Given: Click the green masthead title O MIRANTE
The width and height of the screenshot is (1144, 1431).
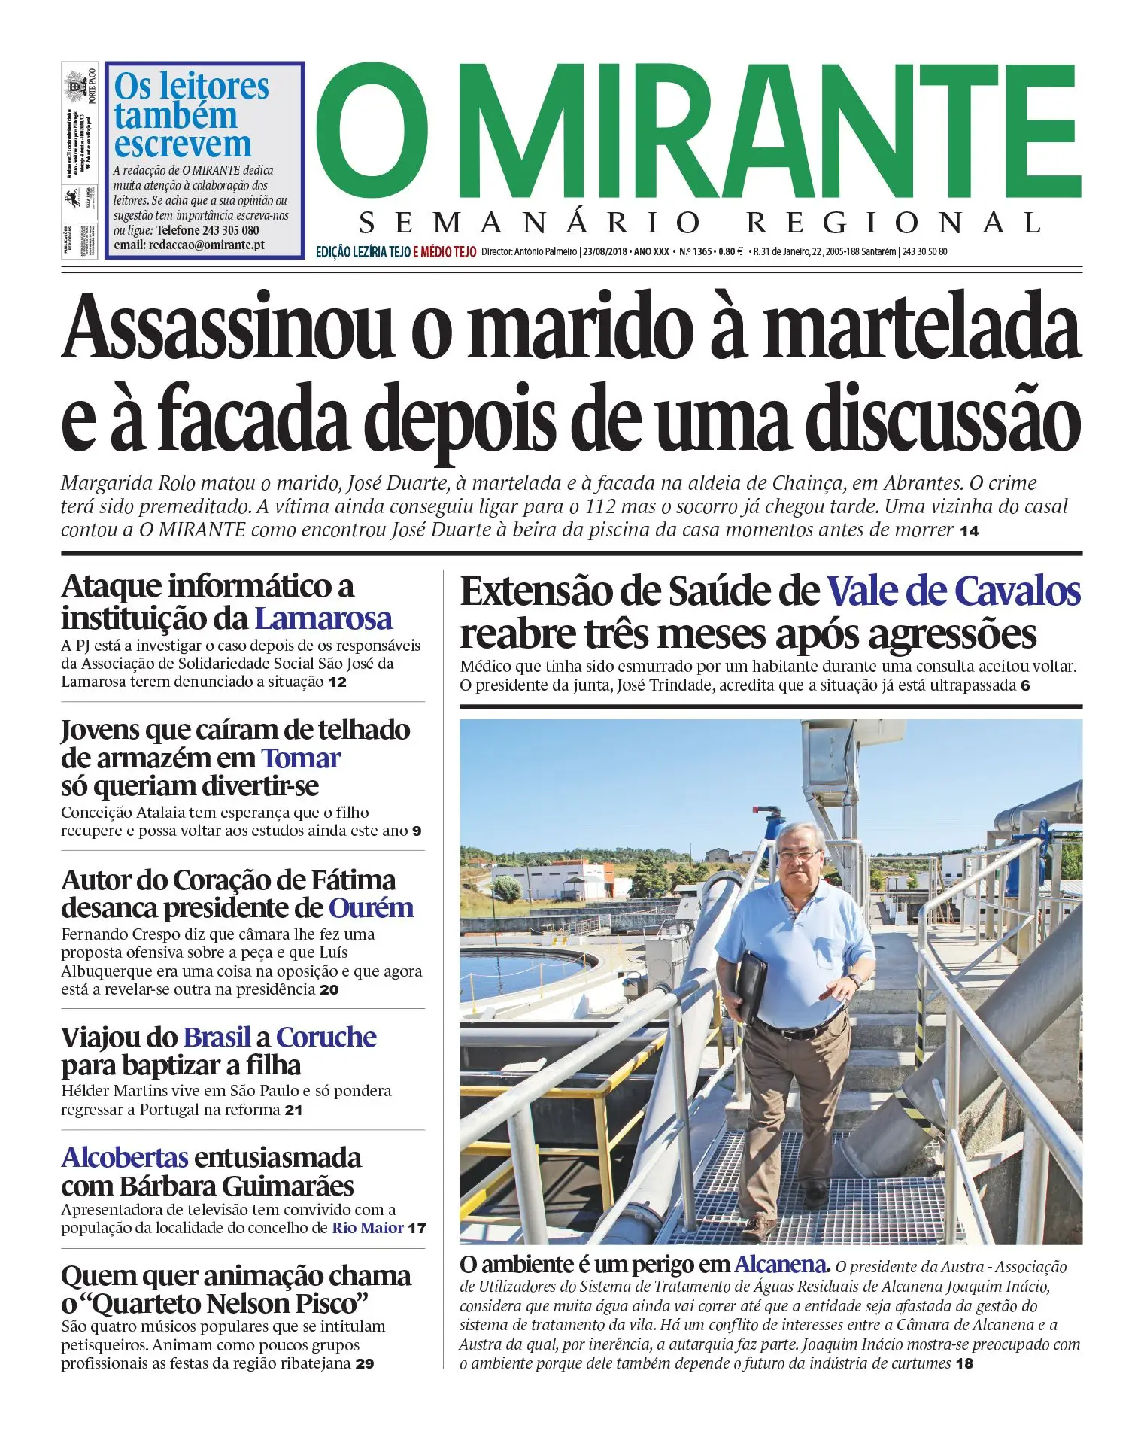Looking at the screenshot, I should point(698,132).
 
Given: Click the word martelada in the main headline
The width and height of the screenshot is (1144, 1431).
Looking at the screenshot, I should point(921,327).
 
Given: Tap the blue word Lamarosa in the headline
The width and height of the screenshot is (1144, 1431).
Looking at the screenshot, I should point(323,618).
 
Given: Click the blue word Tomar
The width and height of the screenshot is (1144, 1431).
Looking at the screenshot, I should point(301,758).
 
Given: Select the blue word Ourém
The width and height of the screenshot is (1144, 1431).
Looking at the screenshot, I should point(371,907).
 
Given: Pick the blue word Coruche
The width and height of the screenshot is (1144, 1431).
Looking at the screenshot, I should point(326,1037).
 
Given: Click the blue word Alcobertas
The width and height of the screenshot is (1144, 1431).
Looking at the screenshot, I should point(125,1157).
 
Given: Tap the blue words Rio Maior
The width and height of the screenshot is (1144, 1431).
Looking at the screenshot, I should point(368,1228).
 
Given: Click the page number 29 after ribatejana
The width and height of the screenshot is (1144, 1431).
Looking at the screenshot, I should point(365,1364).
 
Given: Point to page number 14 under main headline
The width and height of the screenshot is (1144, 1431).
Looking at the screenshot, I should point(969,531).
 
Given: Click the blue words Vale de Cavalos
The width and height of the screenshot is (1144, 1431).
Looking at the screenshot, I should point(953,591).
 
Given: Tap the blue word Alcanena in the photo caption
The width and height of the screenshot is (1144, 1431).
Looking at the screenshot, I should point(780,1264).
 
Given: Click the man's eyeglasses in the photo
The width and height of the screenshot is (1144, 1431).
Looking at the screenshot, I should point(798,855).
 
